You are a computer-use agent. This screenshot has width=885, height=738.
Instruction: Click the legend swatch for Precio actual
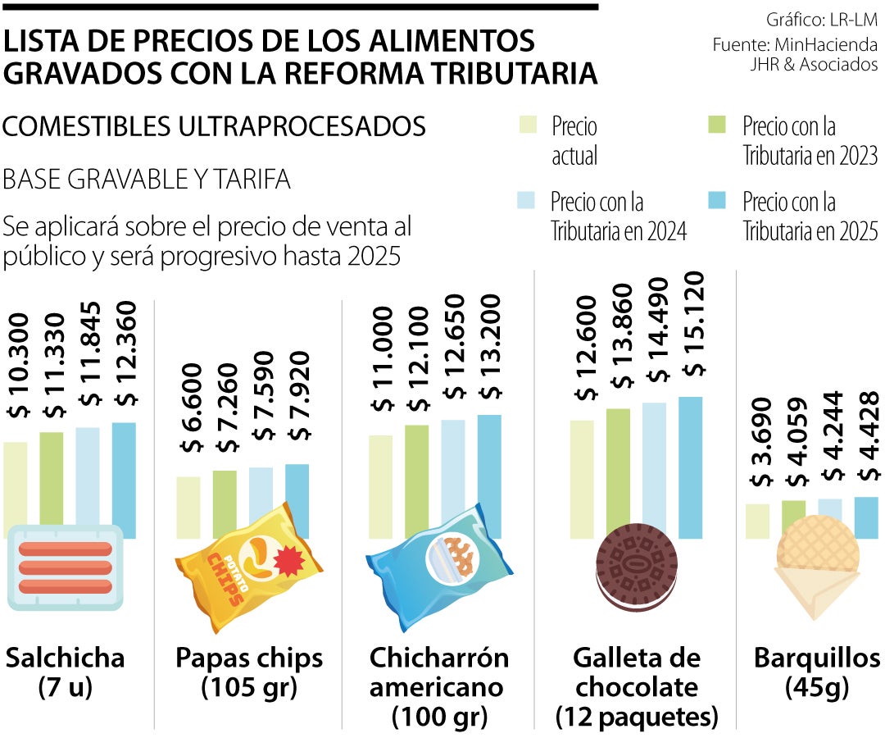coord(528,125)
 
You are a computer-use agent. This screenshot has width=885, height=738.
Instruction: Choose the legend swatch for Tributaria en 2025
coord(716,200)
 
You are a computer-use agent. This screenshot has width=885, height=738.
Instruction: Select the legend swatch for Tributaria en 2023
coord(716,125)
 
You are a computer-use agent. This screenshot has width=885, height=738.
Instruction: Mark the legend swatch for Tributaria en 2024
coord(528,200)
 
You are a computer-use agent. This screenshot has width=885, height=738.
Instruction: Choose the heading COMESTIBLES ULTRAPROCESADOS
coord(214,126)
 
